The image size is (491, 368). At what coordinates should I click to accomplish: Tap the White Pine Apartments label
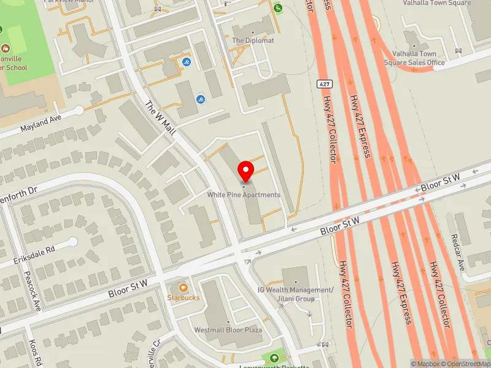point(244,195)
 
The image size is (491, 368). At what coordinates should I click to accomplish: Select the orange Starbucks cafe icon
point(183,287)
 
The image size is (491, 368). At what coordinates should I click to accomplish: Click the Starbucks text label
point(183,298)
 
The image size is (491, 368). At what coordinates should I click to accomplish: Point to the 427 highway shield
point(324,83)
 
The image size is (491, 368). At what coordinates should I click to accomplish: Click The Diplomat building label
point(253,40)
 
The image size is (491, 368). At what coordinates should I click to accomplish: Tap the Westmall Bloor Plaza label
point(228,330)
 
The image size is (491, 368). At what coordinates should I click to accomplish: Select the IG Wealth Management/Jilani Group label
point(295,294)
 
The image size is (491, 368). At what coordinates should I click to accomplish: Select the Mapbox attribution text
point(427,364)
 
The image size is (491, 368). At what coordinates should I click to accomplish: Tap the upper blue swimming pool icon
point(186,63)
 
